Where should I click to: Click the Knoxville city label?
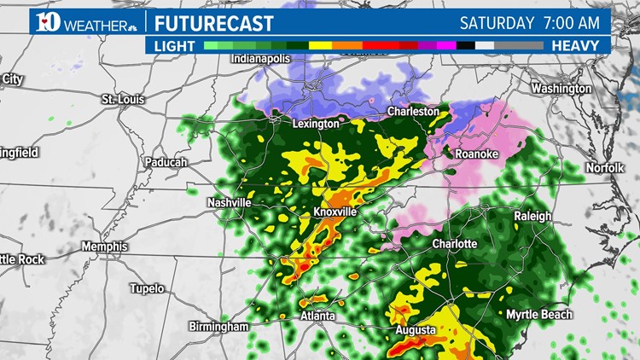click(x=335, y=212)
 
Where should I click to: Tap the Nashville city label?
click(x=230, y=203)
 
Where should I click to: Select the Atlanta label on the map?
click(x=317, y=316)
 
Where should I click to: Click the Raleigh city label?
click(x=532, y=216)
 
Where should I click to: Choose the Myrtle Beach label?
click(x=539, y=315)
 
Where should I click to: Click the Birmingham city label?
click(x=218, y=327)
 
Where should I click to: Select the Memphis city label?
click(x=104, y=247)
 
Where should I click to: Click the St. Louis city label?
click(x=120, y=100)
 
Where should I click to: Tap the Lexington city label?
click(x=316, y=124)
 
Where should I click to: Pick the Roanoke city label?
click(x=476, y=154)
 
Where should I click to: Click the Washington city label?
click(x=561, y=89)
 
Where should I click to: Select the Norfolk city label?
click(x=605, y=168)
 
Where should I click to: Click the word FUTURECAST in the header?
click(x=213, y=23)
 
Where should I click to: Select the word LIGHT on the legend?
click(x=172, y=44)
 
